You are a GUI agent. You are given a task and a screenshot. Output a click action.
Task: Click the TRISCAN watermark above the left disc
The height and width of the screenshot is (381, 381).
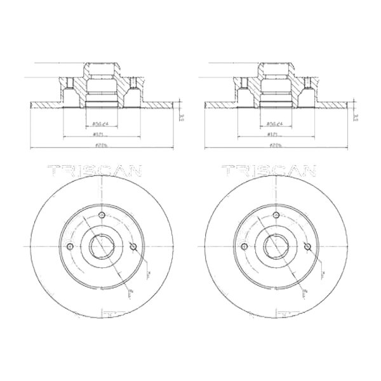tap(95, 171)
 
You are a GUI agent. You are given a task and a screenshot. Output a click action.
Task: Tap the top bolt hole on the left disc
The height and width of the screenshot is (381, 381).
tap(101, 217)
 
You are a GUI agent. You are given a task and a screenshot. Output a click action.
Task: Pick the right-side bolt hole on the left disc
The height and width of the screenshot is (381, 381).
tap(132, 246)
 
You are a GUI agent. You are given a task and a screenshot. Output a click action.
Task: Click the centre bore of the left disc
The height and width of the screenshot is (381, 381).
tap(101, 246)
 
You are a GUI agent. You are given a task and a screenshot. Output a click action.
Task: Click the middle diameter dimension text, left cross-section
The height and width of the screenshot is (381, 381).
tap(98, 135)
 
